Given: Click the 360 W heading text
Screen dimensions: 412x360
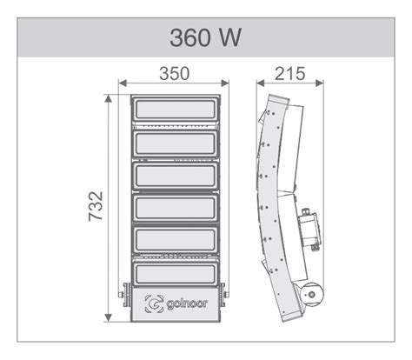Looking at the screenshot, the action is (x=205, y=37).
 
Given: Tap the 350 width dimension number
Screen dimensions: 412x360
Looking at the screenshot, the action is (x=175, y=74).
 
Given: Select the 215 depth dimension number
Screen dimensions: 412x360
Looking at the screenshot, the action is (x=289, y=74).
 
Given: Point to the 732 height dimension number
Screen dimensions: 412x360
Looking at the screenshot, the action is (x=96, y=206).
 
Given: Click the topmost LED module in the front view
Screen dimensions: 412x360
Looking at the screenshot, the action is (x=176, y=110).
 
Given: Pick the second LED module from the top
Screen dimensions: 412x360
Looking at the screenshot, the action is (x=176, y=143).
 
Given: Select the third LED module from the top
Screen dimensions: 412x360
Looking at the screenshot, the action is (x=176, y=177).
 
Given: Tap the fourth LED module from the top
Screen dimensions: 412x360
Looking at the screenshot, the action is (x=176, y=209).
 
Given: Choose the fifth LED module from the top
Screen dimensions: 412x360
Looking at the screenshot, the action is (x=176, y=240).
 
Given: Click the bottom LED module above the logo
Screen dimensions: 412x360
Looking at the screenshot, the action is (x=176, y=274).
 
